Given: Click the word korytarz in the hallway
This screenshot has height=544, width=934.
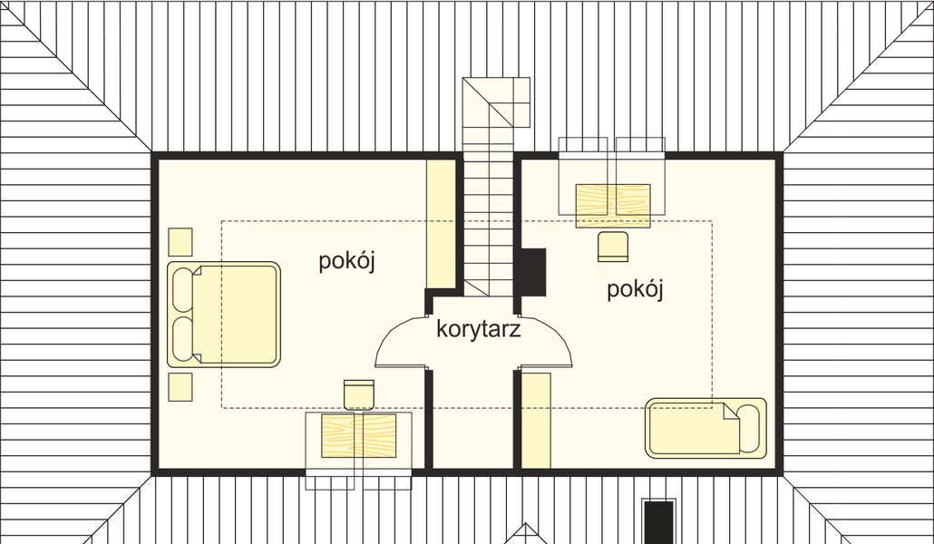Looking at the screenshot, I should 478,329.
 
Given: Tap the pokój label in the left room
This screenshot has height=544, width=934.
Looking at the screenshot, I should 346,262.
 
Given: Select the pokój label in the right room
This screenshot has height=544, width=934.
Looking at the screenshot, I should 636,289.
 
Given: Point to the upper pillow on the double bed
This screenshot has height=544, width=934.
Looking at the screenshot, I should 182,290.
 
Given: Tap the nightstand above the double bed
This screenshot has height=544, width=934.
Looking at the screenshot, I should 180,241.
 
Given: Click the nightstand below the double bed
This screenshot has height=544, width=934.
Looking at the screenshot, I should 180,385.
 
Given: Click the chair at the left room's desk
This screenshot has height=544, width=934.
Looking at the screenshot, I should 360,394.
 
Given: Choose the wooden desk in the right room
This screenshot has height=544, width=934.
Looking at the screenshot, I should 613,205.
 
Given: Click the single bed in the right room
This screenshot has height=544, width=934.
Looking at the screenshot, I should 705,428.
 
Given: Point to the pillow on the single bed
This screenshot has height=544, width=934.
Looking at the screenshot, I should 749,428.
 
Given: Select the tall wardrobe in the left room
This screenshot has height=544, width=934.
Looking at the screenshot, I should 441,221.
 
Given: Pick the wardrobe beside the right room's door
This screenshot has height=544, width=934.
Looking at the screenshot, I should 536,420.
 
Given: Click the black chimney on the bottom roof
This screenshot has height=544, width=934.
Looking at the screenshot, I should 658,520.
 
